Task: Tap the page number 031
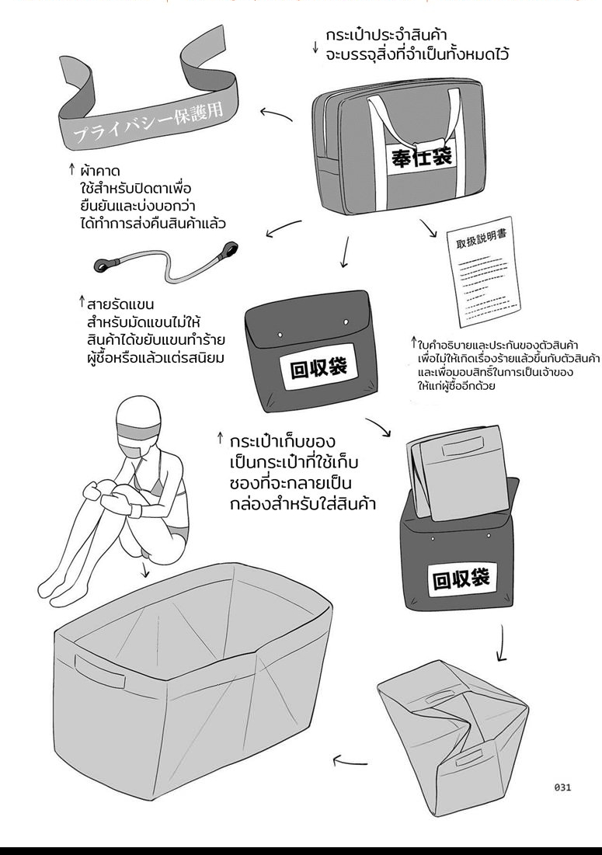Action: [563, 787]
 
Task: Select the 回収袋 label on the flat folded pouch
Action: [318, 366]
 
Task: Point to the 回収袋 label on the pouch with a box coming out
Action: [461, 579]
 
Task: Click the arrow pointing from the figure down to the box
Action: [146, 572]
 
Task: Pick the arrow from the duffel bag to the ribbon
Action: [276, 114]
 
